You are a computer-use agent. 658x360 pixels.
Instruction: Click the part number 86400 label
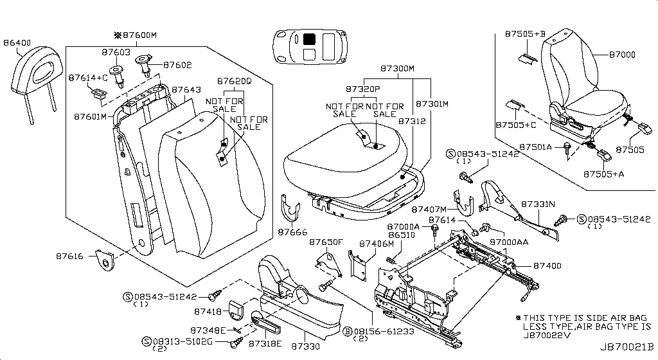17,43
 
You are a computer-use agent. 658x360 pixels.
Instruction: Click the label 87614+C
88,78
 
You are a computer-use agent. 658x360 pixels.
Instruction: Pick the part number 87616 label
71,256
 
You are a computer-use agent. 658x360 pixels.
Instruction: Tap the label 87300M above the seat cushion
397,68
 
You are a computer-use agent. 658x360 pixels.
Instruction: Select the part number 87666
292,232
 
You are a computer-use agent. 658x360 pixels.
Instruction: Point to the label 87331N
537,204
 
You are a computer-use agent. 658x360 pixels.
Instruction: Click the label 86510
402,237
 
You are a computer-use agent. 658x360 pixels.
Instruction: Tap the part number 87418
209,312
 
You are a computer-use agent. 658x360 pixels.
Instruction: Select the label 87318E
265,344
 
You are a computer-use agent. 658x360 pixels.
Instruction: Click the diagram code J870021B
628,346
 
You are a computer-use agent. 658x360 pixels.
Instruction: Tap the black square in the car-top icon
309,39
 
